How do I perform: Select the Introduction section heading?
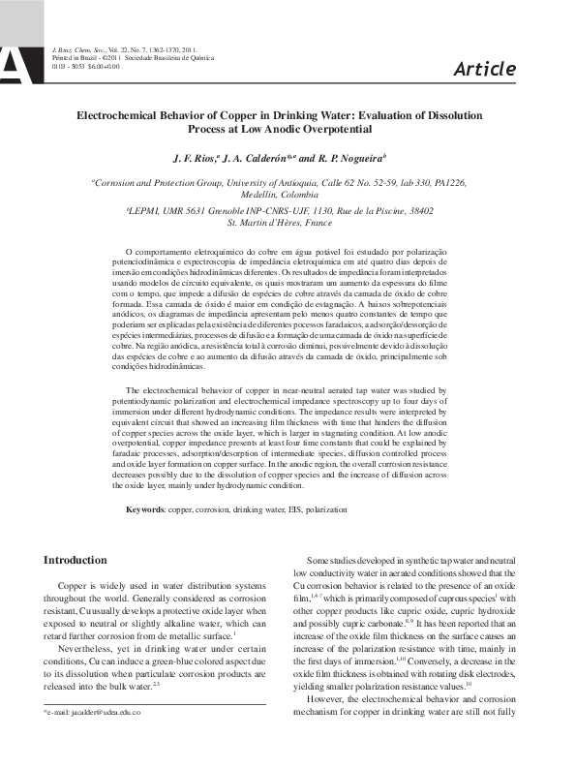(76, 560)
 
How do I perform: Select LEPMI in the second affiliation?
(148, 210)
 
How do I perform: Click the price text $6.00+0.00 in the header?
(104, 66)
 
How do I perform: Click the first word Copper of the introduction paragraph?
(76, 586)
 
